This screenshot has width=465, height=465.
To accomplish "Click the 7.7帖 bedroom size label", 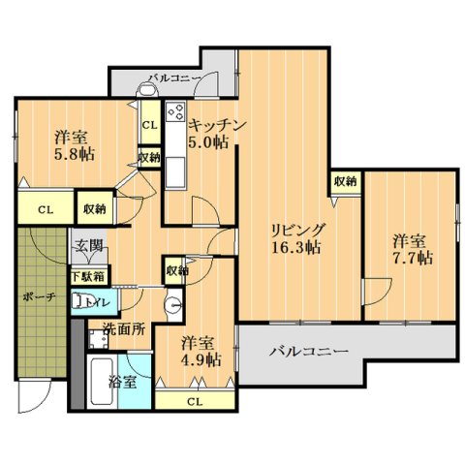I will click(x=412, y=258).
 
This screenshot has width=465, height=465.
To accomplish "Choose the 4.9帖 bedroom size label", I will click(x=201, y=358).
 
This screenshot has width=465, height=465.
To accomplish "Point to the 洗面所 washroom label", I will click(x=124, y=328).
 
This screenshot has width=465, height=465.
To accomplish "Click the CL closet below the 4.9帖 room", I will click(x=194, y=401).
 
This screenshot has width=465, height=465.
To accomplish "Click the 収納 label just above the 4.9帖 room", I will click(x=176, y=272).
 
